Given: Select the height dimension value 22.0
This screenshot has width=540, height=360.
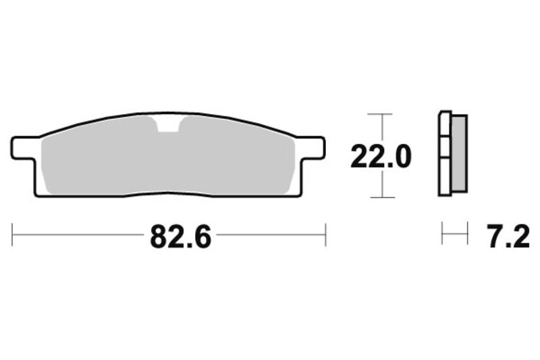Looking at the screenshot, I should click(380, 157).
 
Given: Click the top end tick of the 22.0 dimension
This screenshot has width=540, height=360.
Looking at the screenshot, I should click(383, 114).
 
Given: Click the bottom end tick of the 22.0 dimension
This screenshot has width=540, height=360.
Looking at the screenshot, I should click(383, 197).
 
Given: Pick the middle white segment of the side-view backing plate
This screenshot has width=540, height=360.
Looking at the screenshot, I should click(444, 147).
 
